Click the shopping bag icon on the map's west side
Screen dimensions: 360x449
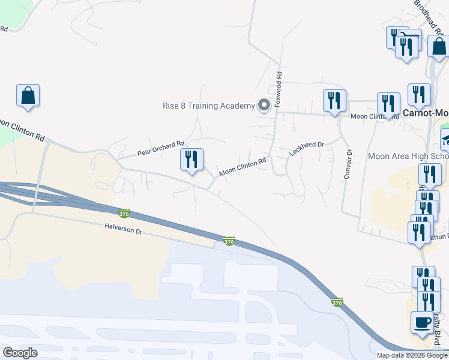pyautogui.click(x=28, y=95)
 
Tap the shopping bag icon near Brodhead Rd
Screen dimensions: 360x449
pyautogui.click(x=439, y=46)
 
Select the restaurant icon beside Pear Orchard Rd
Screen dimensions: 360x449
pyautogui.click(x=192, y=160)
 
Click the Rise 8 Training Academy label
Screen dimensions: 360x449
pyautogui.click(x=209, y=106)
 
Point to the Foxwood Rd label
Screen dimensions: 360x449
pyautogui.click(x=279, y=90)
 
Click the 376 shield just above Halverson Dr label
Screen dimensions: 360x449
pyautogui.click(x=124, y=214)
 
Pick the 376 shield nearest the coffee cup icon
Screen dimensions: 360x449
pyautogui.click(x=337, y=304)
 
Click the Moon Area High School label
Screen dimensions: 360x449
pyautogui.click(x=408, y=157)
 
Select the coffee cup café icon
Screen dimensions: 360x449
pyautogui.click(x=421, y=322)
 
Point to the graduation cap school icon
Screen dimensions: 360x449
pyautogui.click(x=445, y=140)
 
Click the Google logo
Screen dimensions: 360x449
pyautogui.click(x=19, y=353)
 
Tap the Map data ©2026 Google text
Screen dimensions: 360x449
pyautogui.click(x=412, y=355)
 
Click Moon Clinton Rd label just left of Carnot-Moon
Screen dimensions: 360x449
pyautogui.click(x=375, y=116)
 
